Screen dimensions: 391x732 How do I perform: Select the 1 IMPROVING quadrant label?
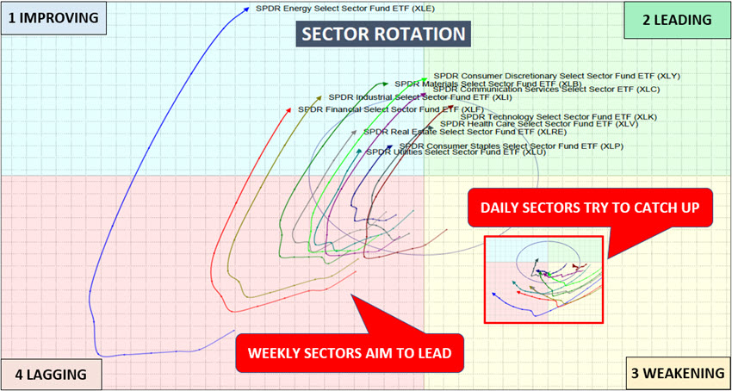(53, 17)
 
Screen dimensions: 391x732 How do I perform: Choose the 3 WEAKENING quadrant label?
(675, 373)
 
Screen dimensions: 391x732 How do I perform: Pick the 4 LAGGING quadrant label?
(51, 374)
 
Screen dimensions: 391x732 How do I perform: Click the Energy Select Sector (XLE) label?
(334, 9)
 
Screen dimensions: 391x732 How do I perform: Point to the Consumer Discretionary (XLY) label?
(556, 76)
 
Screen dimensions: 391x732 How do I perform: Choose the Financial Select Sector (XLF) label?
(390, 109)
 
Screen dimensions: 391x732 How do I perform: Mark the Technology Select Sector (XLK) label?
(558, 116)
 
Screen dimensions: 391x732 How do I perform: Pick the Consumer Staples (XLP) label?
(514, 146)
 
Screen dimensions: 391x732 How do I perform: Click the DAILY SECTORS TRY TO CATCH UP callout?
(590, 208)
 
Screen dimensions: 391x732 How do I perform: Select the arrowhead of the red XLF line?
(290, 109)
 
